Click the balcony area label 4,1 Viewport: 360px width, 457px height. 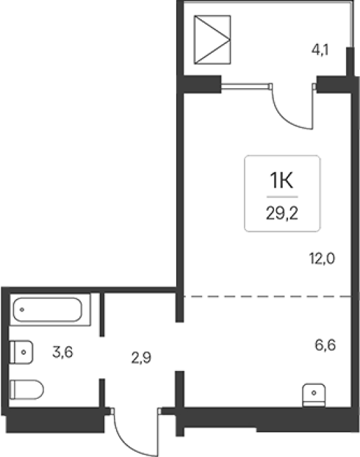(320, 50)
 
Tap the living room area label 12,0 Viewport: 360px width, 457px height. (322, 258)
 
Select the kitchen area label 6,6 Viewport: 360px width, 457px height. (325, 346)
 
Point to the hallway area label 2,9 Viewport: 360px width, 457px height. (141, 358)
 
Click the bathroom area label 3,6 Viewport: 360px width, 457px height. (63, 352)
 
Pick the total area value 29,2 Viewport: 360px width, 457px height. (282, 213)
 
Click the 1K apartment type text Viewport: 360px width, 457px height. (281, 180)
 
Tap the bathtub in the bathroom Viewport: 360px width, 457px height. (47, 310)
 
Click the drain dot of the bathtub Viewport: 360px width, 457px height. (22, 310)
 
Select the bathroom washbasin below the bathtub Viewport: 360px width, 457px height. (21, 352)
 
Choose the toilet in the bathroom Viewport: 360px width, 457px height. (27, 390)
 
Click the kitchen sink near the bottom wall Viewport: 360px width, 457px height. (314, 395)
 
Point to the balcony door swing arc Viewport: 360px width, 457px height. (285, 119)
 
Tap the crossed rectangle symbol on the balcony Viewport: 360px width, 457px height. (212, 39)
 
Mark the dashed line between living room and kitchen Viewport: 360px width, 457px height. (267, 297)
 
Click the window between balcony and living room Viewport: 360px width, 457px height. (245, 86)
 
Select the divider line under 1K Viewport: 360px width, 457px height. (282, 197)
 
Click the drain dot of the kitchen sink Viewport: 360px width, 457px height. (314, 393)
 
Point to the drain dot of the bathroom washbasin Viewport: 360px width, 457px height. (23, 352)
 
